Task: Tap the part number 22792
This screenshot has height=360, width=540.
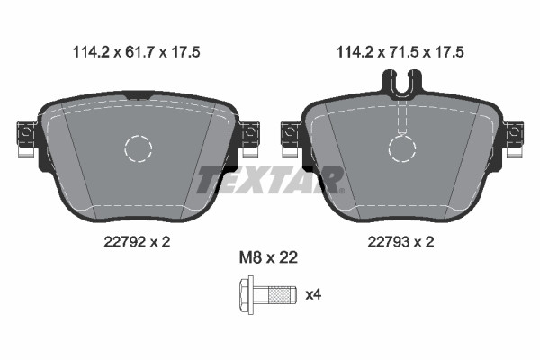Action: (x=124, y=242)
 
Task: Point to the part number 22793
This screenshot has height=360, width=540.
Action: (x=388, y=242)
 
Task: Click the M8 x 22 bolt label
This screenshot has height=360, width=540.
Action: (x=268, y=257)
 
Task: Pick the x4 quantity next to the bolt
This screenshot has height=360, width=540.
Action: (x=313, y=294)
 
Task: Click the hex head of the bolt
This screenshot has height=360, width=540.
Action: (x=247, y=294)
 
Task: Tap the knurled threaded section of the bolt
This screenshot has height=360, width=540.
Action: (x=279, y=294)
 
